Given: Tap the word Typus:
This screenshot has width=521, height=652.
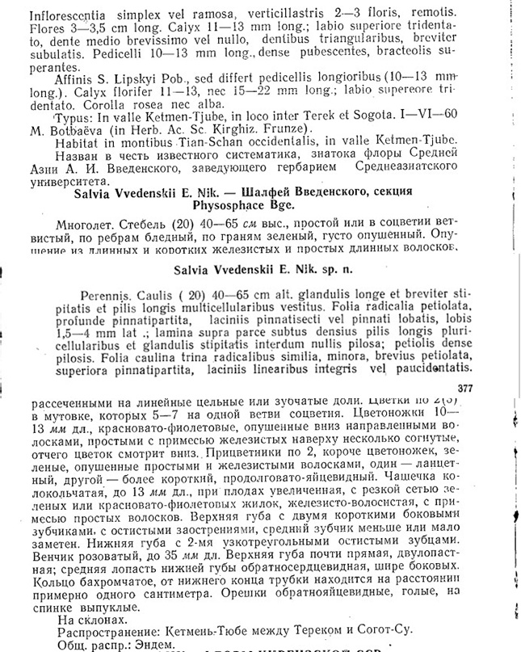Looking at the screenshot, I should click(x=71, y=116).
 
